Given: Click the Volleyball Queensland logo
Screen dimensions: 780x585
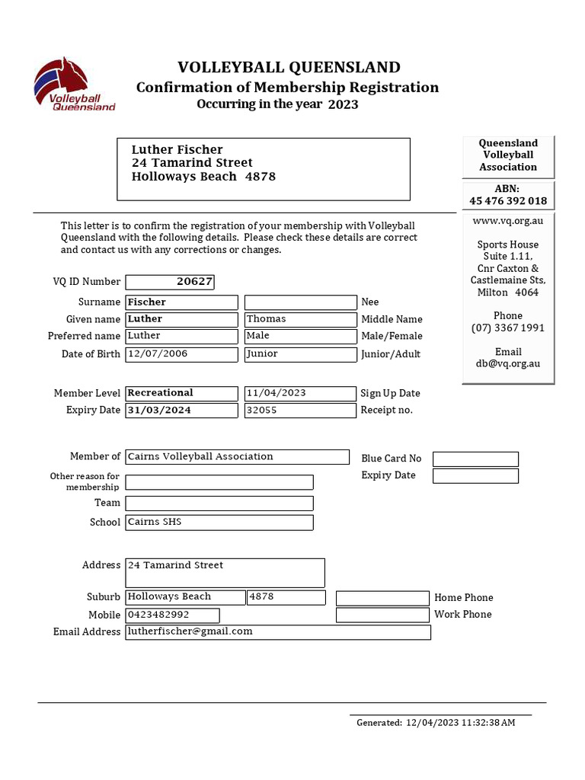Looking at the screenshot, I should tap(73, 85).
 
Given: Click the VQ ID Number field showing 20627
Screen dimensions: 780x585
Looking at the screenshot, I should tap(170, 282).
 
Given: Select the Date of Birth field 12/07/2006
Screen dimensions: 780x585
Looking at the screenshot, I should tap(182, 354).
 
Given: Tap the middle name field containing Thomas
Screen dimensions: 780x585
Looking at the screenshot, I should tap(300, 319).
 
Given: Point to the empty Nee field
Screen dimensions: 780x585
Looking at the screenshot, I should tap(300, 302).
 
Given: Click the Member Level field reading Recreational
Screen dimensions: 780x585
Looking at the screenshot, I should tap(182, 393).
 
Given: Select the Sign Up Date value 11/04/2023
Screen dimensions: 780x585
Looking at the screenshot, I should tap(300, 393).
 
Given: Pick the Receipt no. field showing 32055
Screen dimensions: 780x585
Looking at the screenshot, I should tap(300, 411).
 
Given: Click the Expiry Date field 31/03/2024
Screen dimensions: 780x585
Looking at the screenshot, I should tap(182, 411).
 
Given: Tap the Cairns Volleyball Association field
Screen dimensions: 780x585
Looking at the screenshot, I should tap(237, 456).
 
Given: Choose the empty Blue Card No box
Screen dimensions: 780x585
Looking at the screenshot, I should tap(475, 459).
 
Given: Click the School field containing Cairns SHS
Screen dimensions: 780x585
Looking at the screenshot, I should tap(219, 523).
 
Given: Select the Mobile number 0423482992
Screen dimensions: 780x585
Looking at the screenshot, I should tap(172, 615).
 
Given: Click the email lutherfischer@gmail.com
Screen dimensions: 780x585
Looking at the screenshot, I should tap(278, 631).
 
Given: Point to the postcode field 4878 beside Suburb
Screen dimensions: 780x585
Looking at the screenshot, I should tap(286, 597).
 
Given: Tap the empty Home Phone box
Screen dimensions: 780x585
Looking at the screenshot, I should tap(382, 598).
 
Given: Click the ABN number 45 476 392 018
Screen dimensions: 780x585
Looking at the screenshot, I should tap(508, 201).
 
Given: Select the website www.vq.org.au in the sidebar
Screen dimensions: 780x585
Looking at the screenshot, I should tap(508, 221).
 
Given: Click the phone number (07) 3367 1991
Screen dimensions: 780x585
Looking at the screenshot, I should tap(508, 328).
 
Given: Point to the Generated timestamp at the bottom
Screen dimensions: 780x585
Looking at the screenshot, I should tap(436, 722).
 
